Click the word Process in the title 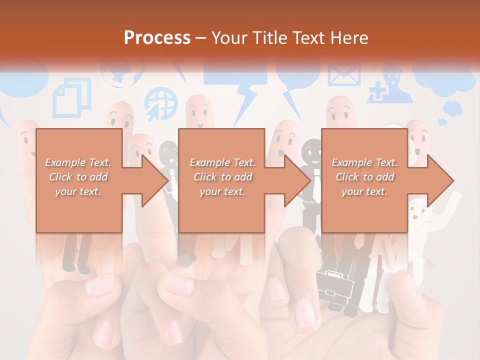click(157, 37)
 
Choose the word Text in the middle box click(244, 162)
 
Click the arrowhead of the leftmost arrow click(155, 180)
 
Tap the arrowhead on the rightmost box click(440, 180)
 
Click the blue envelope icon click(343, 75)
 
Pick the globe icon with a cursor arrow click(161, 103)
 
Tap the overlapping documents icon click(72, 97)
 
